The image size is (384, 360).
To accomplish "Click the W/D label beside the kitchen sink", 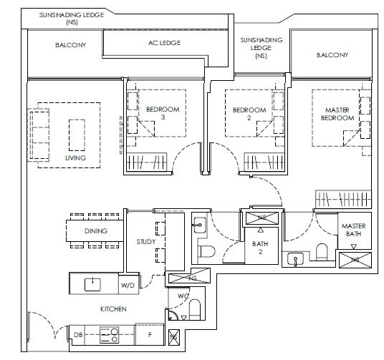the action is [128, 285].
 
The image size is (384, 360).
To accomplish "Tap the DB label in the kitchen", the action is [78, 334].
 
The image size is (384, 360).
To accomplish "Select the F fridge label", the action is [150, 334].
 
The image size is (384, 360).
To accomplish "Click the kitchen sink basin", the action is [92, 284].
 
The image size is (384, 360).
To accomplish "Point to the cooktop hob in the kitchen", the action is [109, 335].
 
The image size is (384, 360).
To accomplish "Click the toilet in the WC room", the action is [195, 309].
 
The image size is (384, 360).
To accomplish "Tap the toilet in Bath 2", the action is [207, 251].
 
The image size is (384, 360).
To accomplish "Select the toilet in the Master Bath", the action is [322, 252].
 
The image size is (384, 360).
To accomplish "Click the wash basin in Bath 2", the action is [199, 225].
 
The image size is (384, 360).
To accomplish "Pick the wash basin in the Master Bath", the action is [296, 259].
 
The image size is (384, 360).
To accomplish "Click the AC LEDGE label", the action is [164, 43].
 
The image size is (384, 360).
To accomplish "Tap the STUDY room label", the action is [146, 242].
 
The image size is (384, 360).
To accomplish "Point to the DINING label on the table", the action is [96, 230].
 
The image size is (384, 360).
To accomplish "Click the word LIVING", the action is [76, 158].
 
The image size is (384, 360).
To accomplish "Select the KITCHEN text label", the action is [113, 309].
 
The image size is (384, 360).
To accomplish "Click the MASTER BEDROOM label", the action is [337, 114].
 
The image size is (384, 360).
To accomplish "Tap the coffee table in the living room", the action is [77, 135].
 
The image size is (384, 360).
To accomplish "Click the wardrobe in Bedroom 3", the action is [146, 162].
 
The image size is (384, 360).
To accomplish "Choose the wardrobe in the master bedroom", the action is [343, 198].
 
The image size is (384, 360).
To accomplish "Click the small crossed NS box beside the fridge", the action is [174, 337].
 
